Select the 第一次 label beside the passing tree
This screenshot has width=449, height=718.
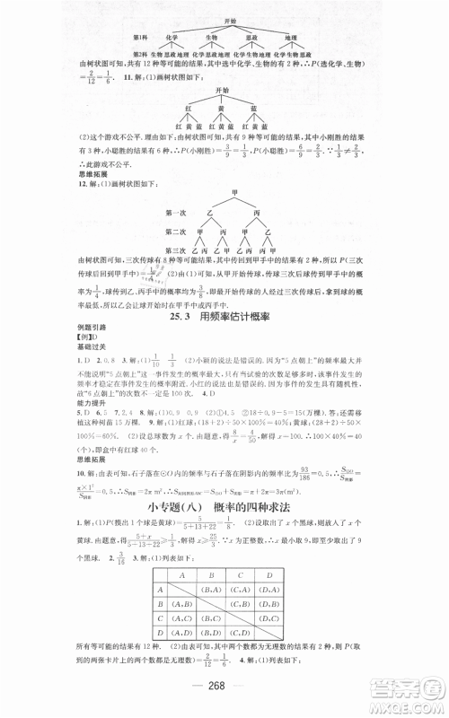pos(154,213)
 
